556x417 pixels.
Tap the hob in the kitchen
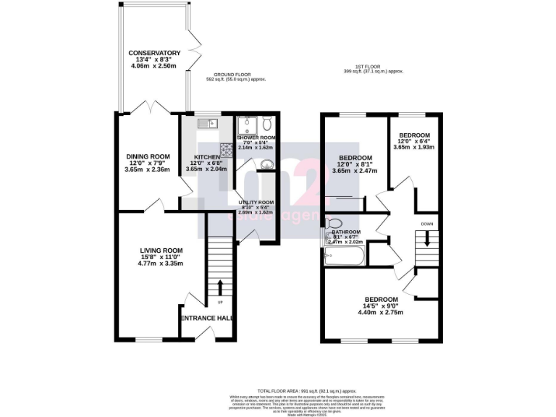click(x=227, y=150)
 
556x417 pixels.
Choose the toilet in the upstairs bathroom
click(x=334, y=223)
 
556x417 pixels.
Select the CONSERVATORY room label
click(x=154, y=53)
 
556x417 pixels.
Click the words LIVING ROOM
click(x=162, y=250)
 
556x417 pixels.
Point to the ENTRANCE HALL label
click(x=206, y=318)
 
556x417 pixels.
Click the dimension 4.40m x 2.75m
click(x=381, y=312)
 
